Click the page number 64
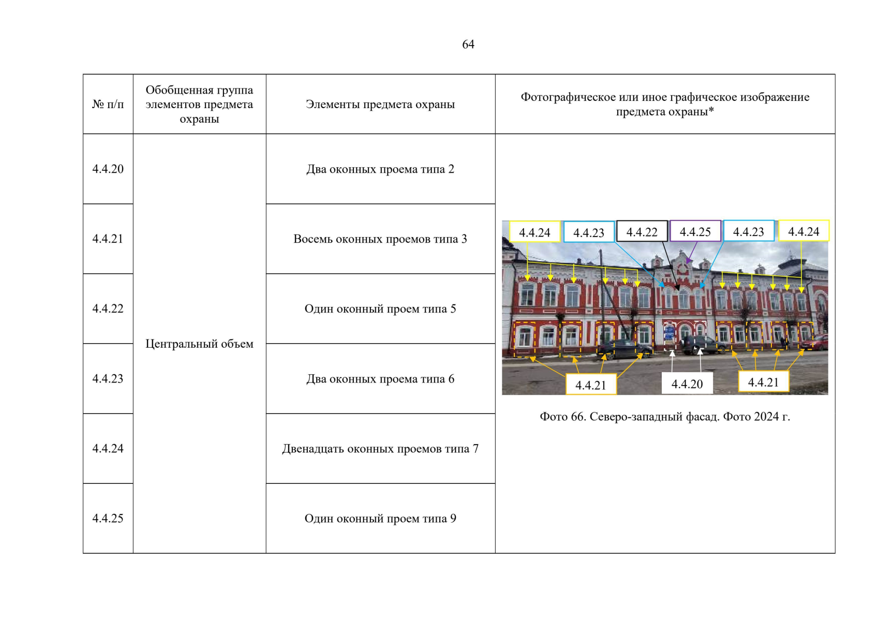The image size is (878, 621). (468, 45)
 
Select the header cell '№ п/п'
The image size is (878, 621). (108, 104)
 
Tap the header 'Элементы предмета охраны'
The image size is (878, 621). (380, 104)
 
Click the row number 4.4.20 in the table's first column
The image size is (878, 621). (108, 169)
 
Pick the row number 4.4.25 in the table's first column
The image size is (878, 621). (108, 518)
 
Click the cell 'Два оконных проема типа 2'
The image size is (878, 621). (380, 169)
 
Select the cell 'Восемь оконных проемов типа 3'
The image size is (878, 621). (380, 239)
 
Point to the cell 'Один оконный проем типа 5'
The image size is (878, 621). (380, 309)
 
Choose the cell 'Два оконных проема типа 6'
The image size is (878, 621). (380, 379)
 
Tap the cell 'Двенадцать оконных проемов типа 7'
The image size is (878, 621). (380, 449)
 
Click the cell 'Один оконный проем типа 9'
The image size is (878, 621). (380, 519)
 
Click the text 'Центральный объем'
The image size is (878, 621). (199, 344)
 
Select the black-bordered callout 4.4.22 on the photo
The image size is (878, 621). (642, 232)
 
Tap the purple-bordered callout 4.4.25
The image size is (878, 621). (695, 231)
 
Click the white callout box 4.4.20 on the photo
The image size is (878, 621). (687, 383)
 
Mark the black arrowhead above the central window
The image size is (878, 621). (677, 286)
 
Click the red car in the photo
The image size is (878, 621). (817, 342)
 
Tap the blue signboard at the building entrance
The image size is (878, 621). (669, 331)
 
